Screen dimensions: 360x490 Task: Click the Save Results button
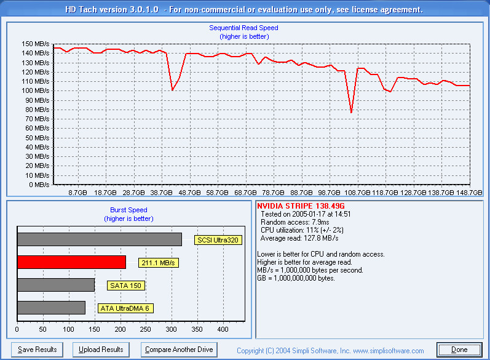pyautogui.click(x=38, y=350)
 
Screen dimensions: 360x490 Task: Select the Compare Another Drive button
pyautogui.click(x=179, y=350)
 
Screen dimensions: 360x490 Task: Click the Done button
pyautogui.click(x=459, y=350)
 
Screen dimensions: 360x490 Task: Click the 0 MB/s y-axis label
pyautogui.click(x=39, y=185)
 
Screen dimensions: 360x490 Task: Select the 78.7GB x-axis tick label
pyautogui.click(x=273, y=193)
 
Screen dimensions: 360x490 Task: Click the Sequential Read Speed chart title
pyautogui.click(x=243, y=28)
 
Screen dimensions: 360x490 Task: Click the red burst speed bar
pyautogui.click(x=71, y=262)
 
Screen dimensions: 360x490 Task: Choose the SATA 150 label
pyautogui.click(x=126, y=286)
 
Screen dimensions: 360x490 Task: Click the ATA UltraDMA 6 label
pyautogui.click(x=125, y=308)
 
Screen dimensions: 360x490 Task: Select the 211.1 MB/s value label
pyautogui.click(x=158, y=263)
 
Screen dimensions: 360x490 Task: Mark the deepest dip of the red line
pyautogui.click(x=351, y=113)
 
